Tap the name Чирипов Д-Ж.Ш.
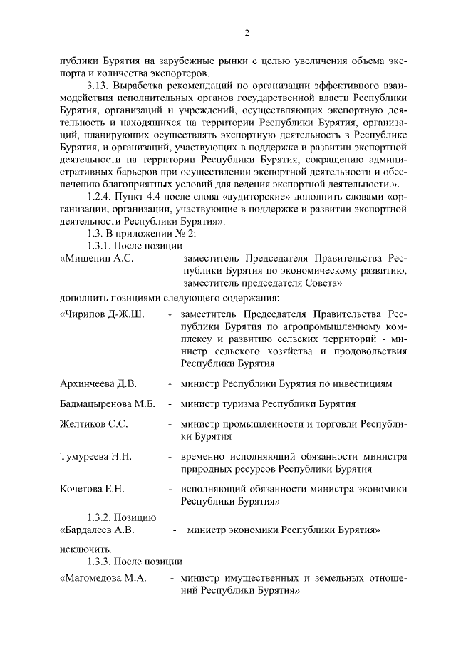click(x=103, y=314)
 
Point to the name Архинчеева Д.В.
click(x=98, y=384)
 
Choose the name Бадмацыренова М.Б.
click(x=108, y=404)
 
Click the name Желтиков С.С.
click(x=94, y=424)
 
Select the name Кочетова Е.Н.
click(x=93, y=488)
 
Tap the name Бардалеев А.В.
click(x=98, y=530)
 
